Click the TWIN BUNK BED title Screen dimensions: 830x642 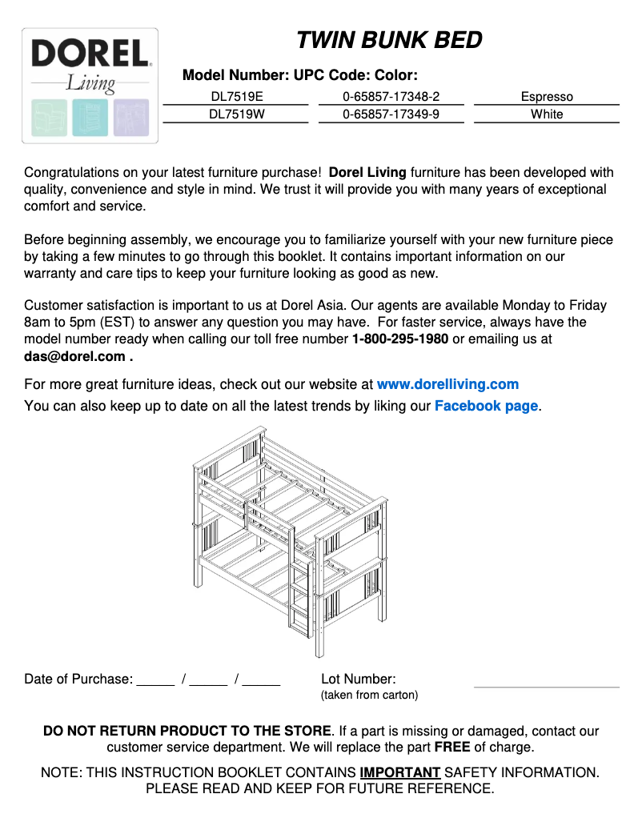389,40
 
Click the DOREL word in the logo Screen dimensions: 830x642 90,54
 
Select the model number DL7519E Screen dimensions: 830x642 236,97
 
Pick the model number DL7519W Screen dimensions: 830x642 236,114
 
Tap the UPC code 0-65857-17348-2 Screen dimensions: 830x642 391,97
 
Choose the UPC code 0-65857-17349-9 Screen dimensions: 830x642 391,114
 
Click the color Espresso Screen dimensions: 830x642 547,97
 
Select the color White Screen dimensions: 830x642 547,114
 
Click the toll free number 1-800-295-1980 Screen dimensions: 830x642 400,339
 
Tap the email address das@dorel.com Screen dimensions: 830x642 74,357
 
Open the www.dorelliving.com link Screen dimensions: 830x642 447,384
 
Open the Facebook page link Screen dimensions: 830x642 486,406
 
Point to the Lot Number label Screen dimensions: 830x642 359,679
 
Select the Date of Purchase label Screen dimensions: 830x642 78,679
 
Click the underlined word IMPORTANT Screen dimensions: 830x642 399,772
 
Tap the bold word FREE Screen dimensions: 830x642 452,748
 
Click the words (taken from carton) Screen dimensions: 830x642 369,695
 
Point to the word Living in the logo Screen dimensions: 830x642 90,82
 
